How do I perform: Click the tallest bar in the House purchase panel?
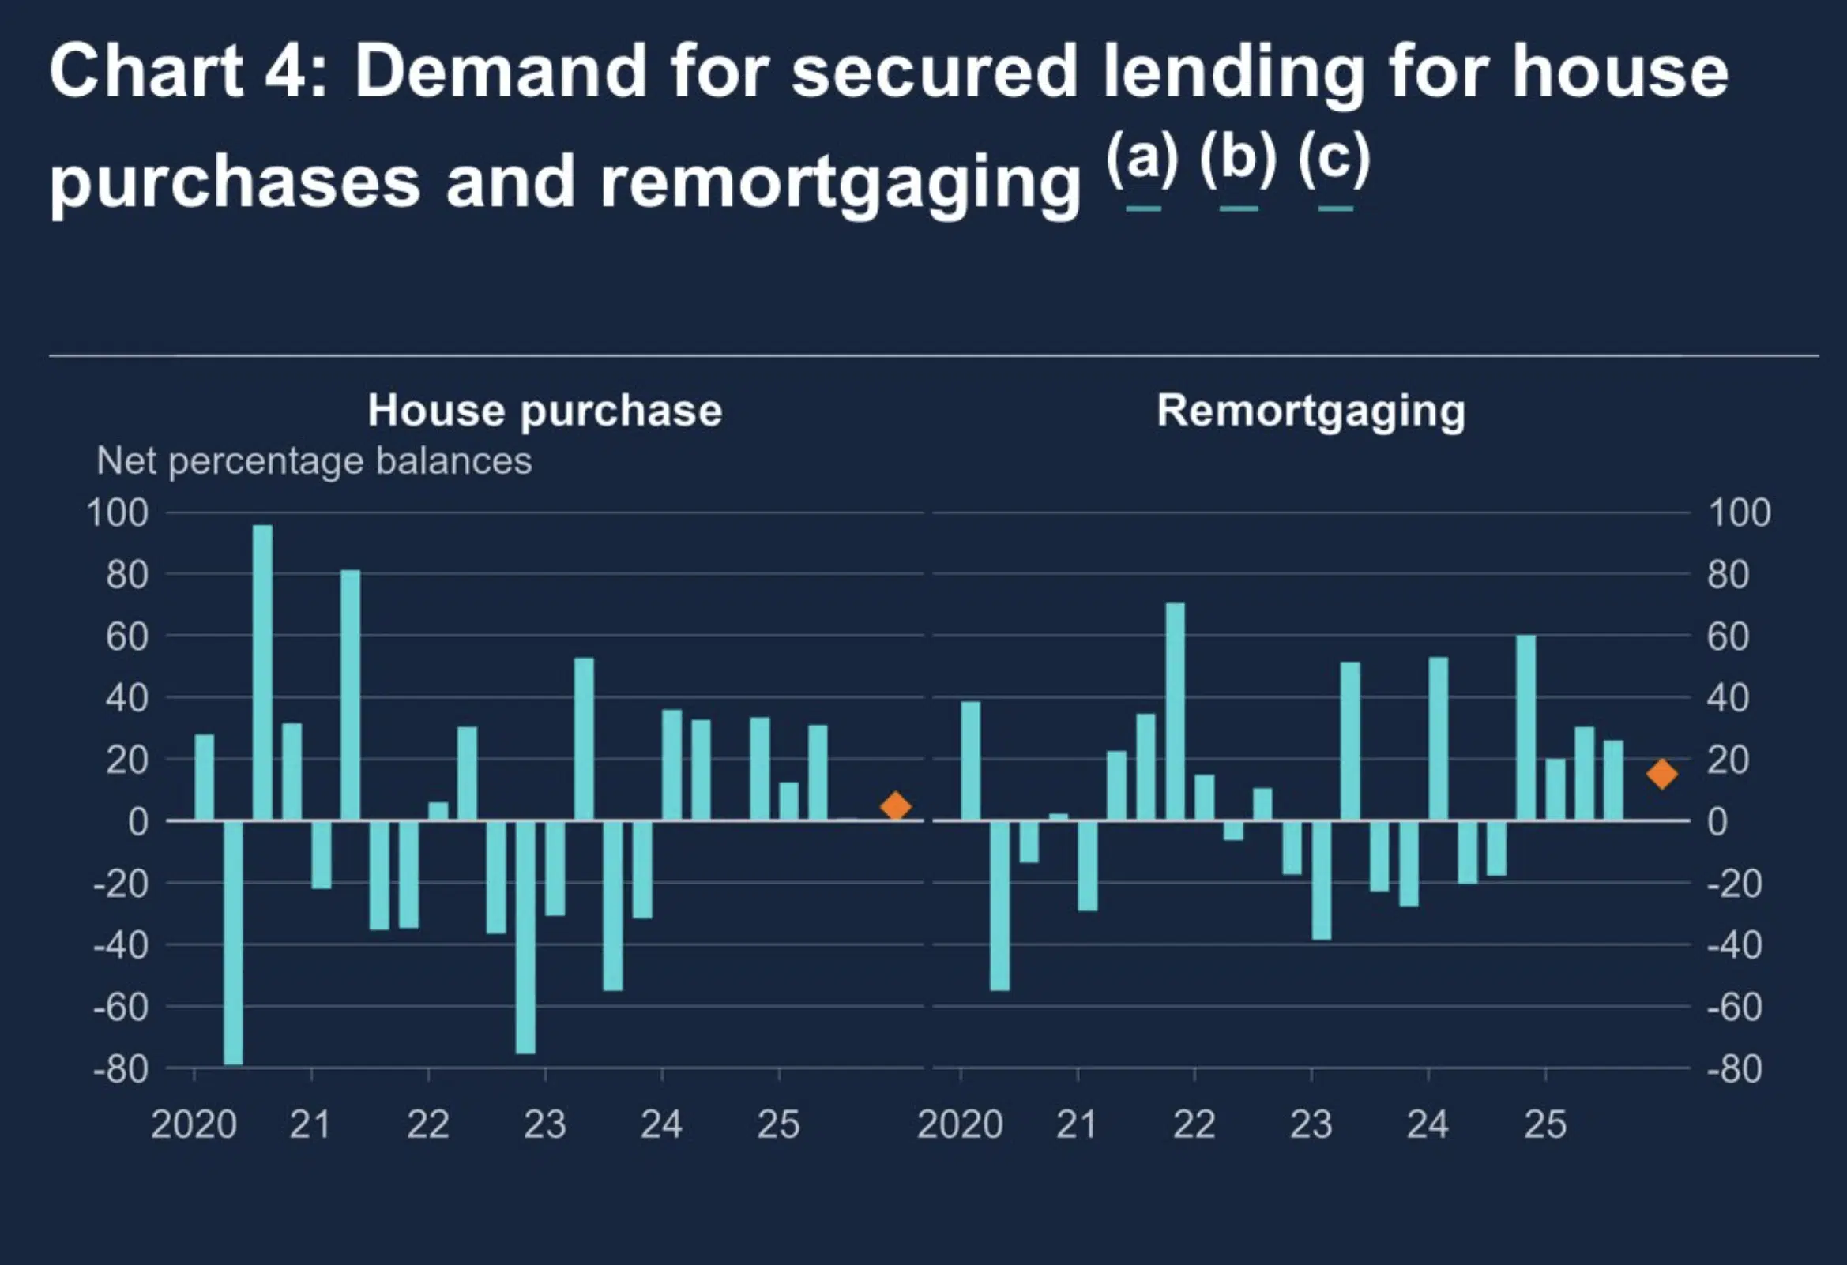[x=262, y=671]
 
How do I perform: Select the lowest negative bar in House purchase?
[x=233, y=941]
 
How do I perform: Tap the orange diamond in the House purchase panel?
[x=895, y=805]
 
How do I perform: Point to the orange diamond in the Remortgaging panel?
[x=1662, y=773]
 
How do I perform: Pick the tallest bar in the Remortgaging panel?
[x=1175, y=711]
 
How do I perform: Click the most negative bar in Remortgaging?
[x=999, y=905]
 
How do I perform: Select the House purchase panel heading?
[x=544, y=411]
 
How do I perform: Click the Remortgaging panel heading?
[x=1311, y=411]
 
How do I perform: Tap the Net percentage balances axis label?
[x=314, y=461]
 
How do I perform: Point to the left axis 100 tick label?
[x=118, y=512]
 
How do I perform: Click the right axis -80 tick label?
[x=1734, y=1068]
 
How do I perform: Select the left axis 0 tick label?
[x=137, y=820]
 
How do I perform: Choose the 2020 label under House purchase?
[x=194, y=1124]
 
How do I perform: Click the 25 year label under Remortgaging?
[x=1544, y=1124]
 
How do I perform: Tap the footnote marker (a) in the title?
[x=1142, y=158]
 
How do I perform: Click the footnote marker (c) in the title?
[x=1334, y=158]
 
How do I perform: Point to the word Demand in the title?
[x=500, y=72]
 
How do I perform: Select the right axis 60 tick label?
[x=1728, y=636]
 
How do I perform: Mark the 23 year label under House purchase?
[x=544, y=1124]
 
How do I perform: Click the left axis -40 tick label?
[x=121, y=944]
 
